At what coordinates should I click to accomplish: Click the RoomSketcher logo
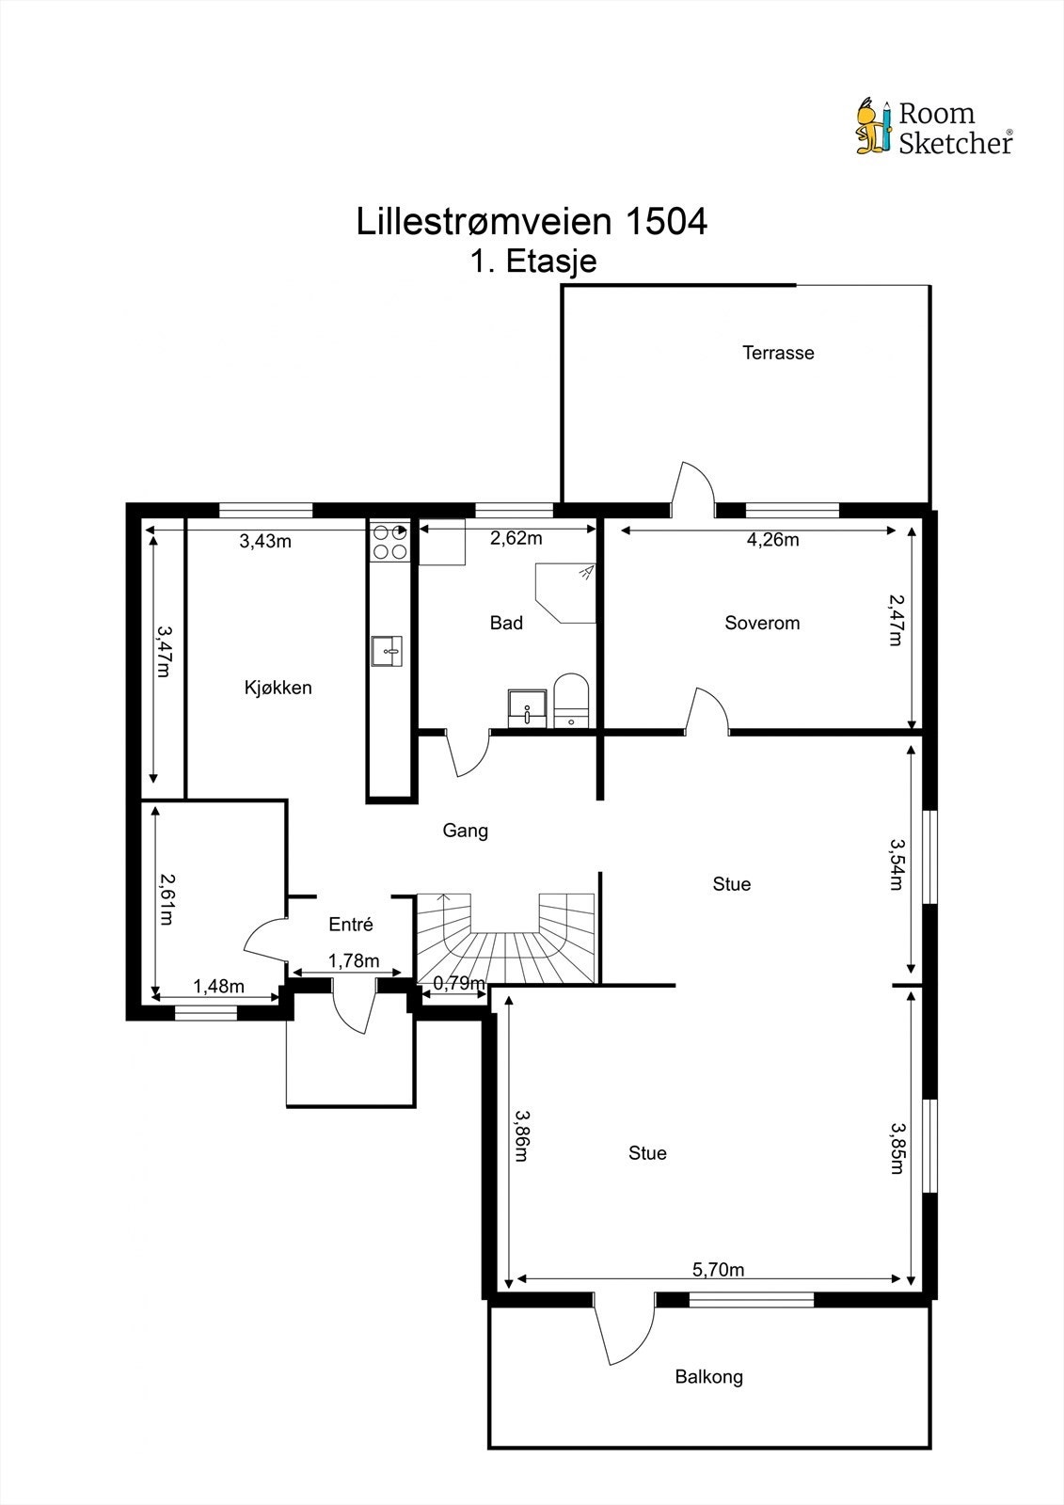[x=934, y=127]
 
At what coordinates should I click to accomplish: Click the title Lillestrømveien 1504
[x=532, y=221]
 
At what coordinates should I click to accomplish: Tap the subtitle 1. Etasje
[x=533, y=261]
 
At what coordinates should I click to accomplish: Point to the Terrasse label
[x=778, y=353]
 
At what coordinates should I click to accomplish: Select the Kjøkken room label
[x=278, y=688]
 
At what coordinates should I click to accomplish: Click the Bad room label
[x=506, y=623]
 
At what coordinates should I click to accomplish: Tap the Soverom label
[x=762, y=623]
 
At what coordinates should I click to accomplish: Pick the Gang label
[x=465, y=831]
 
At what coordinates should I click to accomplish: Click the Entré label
[x=351, y=924]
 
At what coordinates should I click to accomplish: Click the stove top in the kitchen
[x=389, y=542]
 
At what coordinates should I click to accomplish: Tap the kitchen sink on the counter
[x=387, y=650]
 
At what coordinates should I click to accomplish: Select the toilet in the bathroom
[x=571, y=700]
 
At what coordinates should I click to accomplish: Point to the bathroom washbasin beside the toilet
[x=529, y=708]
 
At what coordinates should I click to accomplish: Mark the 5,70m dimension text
[x=719, y=1269]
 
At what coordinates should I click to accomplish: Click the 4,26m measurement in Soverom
[x=773, y=540]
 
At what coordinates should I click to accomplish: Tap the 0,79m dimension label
[x=459, y=983]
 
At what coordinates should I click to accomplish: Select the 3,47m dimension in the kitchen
[x=164, y=651]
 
